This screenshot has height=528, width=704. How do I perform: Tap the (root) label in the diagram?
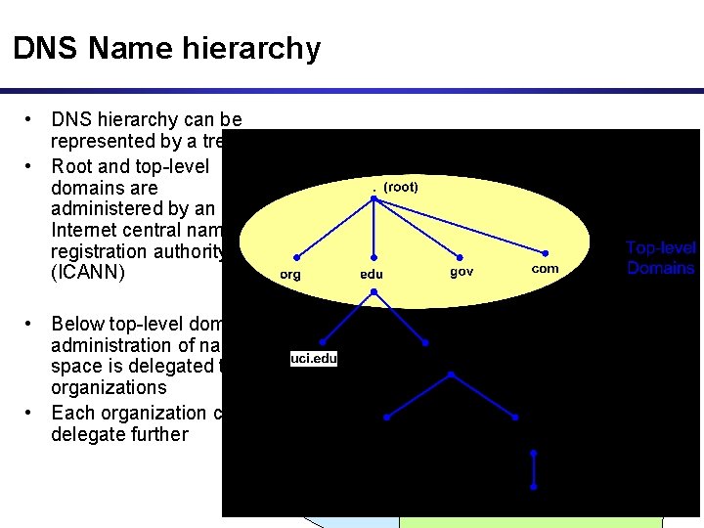click(x=401, y=186)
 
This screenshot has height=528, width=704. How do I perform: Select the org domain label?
click(x=290, y=275)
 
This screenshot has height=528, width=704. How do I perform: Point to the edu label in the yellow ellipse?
click(x=372, y=275)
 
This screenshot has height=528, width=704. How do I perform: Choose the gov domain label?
click(x=462, y=271)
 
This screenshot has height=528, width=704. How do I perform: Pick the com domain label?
click(x=545, y=269)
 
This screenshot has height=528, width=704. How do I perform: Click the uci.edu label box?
click(x=314, y=359)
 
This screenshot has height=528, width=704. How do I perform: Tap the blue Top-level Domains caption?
click(x=661, y=258)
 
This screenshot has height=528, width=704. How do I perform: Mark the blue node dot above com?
click(x=546, y=252)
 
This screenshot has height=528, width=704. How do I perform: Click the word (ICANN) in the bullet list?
click(x=88, y=274)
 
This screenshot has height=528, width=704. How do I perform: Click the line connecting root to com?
click(x=460, y=225)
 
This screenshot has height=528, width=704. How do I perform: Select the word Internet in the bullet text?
click(x=90, y=231)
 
